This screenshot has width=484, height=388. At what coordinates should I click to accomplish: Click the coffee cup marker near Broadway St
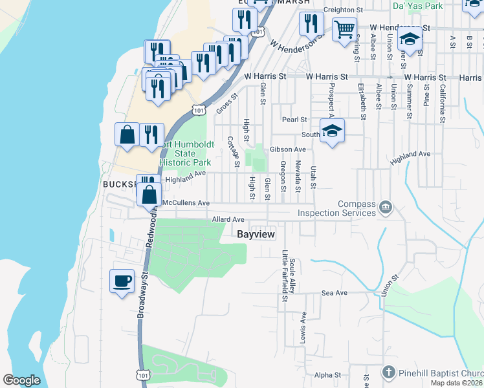122,281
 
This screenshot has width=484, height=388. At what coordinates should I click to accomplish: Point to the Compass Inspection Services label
336,208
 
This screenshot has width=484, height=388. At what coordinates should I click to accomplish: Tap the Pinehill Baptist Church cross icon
388,373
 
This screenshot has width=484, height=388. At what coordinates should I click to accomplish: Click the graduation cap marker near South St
332,131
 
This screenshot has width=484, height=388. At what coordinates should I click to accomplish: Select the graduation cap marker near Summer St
410,40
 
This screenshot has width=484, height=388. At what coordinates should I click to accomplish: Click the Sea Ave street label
335,293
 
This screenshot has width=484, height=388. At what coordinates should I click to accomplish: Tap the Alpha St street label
327,375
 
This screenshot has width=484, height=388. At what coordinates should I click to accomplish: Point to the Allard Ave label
228,220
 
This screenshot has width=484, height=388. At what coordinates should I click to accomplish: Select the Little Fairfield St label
284,277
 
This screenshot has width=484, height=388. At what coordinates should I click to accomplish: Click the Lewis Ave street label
302,328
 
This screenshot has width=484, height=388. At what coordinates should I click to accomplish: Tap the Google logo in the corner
21,380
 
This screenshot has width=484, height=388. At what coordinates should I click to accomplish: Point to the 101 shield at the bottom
142,374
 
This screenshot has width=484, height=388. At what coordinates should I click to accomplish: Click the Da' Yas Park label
417,5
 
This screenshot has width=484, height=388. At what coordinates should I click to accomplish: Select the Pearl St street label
294,120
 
